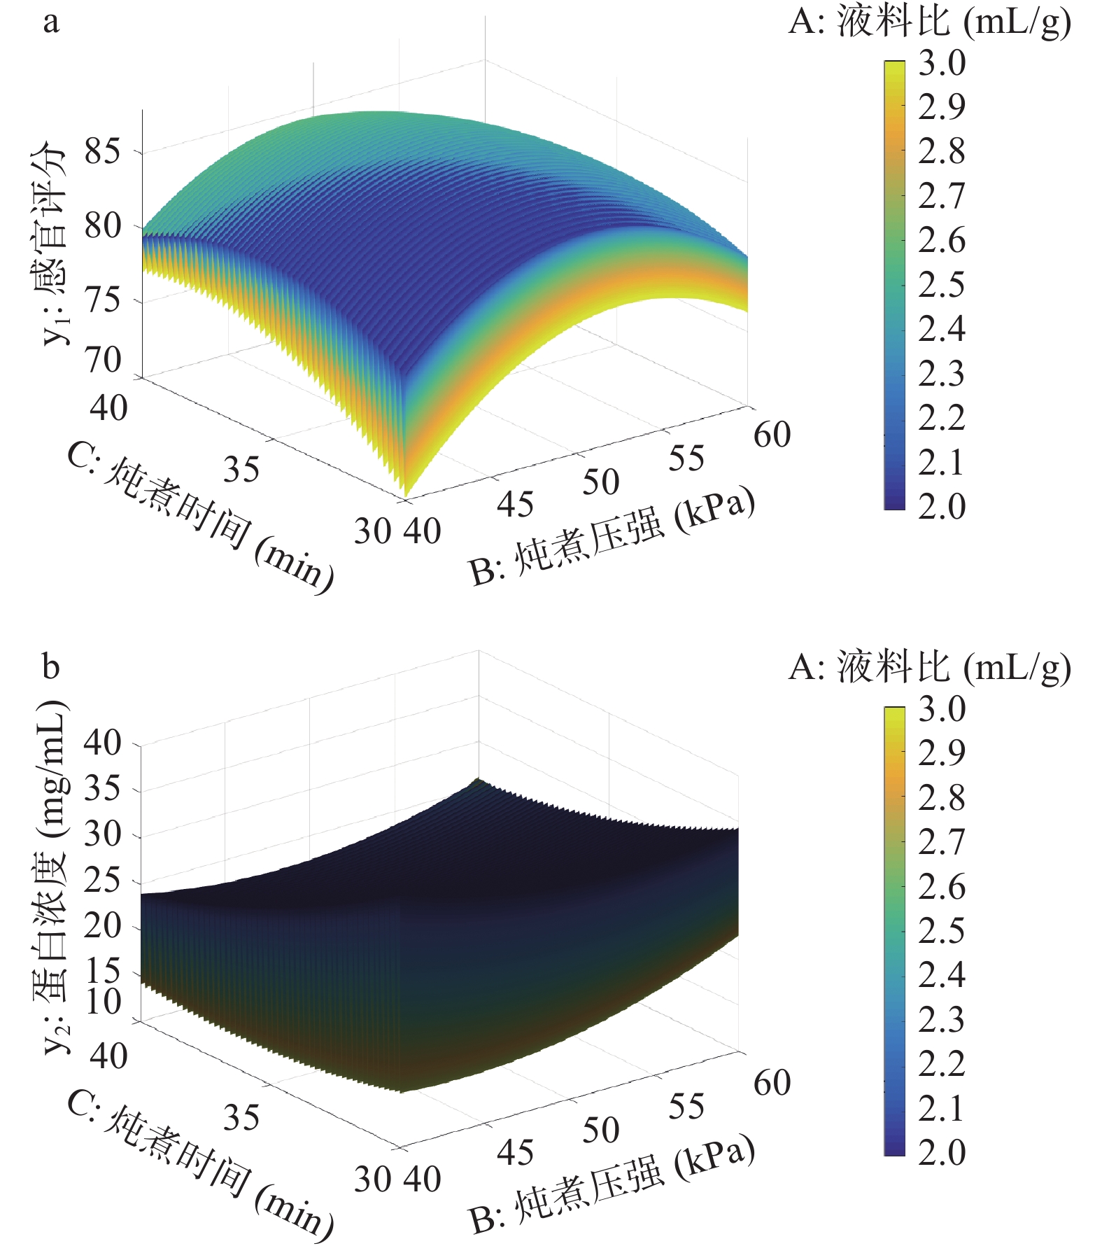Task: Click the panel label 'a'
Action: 50,23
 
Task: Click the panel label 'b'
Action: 50,666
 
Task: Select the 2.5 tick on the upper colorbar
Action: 942,284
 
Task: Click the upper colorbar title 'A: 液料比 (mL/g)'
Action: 929,23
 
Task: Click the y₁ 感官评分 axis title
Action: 53,245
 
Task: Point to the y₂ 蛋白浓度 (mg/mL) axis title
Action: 53,875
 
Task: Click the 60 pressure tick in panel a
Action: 772,435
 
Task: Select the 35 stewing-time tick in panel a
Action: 241,469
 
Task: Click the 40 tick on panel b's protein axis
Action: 103,742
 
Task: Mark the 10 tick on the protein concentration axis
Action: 103,1002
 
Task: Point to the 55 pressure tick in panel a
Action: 686,459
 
